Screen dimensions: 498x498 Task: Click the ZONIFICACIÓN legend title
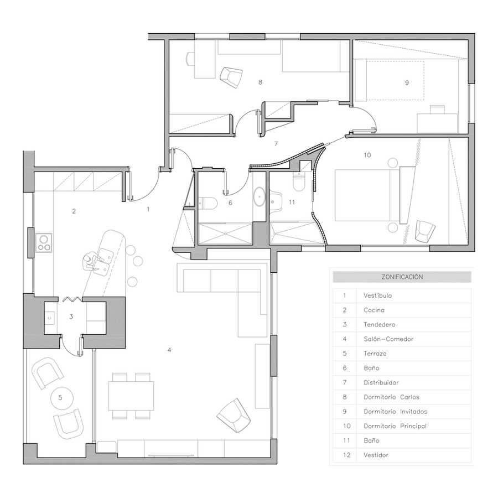pos(402,277)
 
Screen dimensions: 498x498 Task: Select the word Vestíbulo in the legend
pos(377,295)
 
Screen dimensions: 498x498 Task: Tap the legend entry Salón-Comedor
pos(388,339)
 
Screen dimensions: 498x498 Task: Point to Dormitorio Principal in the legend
pos(395,426)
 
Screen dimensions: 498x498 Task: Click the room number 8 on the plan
pos(261,82)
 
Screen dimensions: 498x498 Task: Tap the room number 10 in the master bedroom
pos(367,155)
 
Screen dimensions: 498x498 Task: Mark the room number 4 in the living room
pos(169,350)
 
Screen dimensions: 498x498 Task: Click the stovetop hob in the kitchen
pos(44,243)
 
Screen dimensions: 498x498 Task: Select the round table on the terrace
pos(61,398)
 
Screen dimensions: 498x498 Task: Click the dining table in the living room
pos(131,396)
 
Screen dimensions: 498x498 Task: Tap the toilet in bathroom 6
pos(207,203)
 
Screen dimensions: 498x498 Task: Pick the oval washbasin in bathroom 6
pos(260,197)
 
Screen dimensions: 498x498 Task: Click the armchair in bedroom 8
pos(231,77)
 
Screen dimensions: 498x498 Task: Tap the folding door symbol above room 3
pos(72,299)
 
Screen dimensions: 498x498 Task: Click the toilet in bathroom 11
pos(299,181)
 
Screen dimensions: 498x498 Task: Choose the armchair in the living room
pos(233,416)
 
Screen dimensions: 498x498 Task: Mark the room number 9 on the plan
pos(407,83)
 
